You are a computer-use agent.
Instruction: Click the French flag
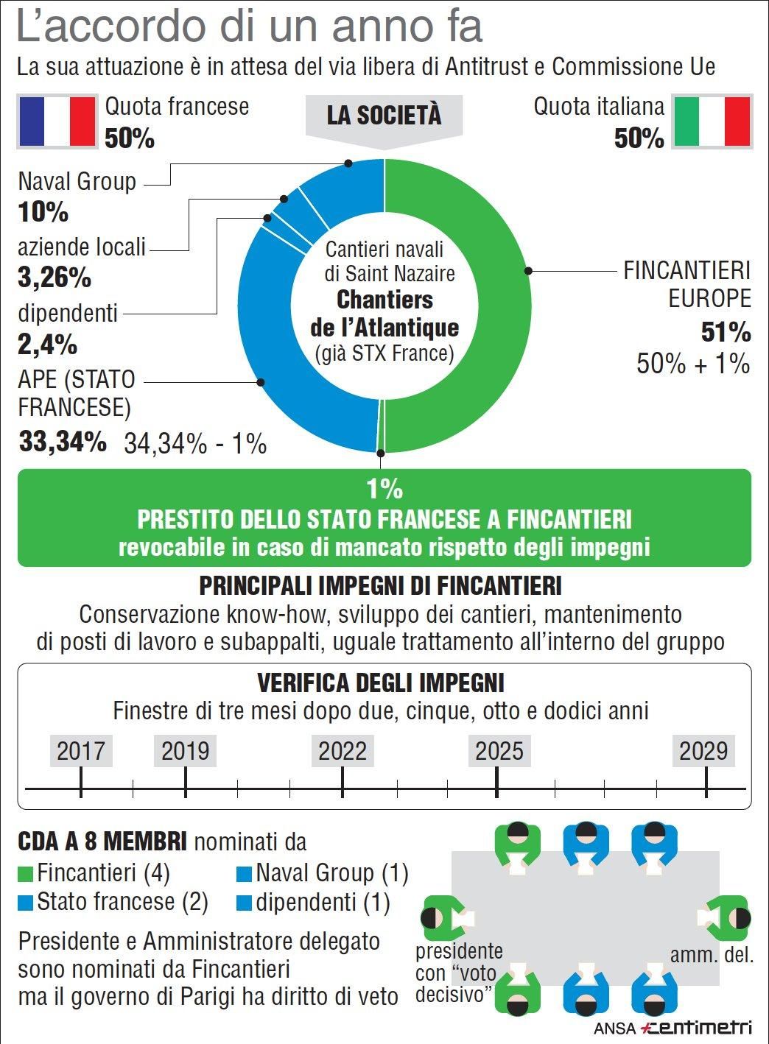pyautogui.click(x=57, y=121)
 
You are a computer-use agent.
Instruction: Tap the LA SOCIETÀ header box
pyautogui.click(x=384, y=116)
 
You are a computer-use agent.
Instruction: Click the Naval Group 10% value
pyautogui.click(x=43, y=213)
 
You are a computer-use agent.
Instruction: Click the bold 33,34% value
pyautogui.click(x=63, y=442)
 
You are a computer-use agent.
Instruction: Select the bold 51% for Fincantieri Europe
pyautogui.click(x=726, y=333)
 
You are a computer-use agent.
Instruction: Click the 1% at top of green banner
pyautogui.click(x=384, y=488)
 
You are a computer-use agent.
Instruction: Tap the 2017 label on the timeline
pyautogui.click(x=81, y=751)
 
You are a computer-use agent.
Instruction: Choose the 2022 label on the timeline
pyautogui.click(x=343, y=751)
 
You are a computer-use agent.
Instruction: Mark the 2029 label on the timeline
pyautogui.click(x=703, y=751)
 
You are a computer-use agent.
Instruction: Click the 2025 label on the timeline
pyautogui.click(x=499, y=751)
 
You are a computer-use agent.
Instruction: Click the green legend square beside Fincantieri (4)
pyautogui.click(x=26, y=874)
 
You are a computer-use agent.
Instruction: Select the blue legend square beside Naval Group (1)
pyautogui.click(x=245, y=874)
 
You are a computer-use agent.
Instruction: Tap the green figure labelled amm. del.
pyautogui.click(x=727, y=917)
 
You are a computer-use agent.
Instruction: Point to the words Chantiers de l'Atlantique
pyautogui.click(x=384, y=314)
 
